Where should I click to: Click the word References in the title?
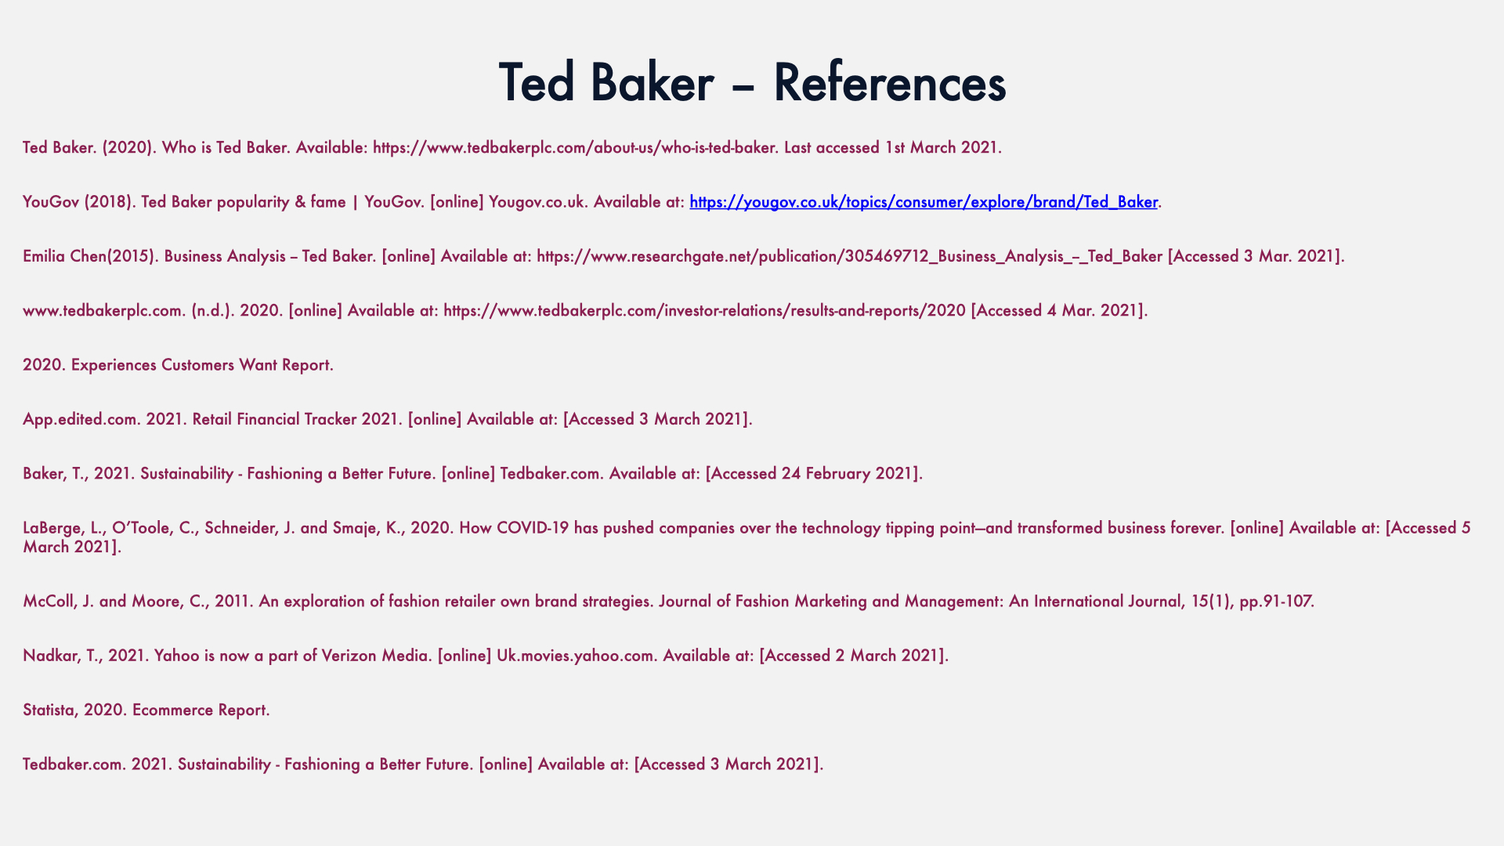pyautogui.click(x=889, y=82)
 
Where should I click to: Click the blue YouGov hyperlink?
pyautogui.click(x=924, y=202)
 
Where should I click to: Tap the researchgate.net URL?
pyautogui.click(x=850, y=256)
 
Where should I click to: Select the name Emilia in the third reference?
pyautogui.click(x=44, y=256)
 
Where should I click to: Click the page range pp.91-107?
pyautogui.click(x=1277, y=602)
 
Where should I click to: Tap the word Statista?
pyautogui.click(x=50, y=710)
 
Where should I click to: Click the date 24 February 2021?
pyautogui.click(x=848, y=474)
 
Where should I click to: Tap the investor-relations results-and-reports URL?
pyautogui.click(x=704, y=311)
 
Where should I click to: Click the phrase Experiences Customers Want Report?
pyautogui.click(x=202, y=365)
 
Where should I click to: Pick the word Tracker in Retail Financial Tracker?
pyautogui.click(x=331, y=419)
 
